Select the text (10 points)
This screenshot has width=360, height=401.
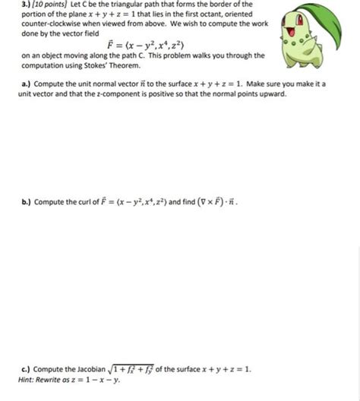(37, 5)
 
